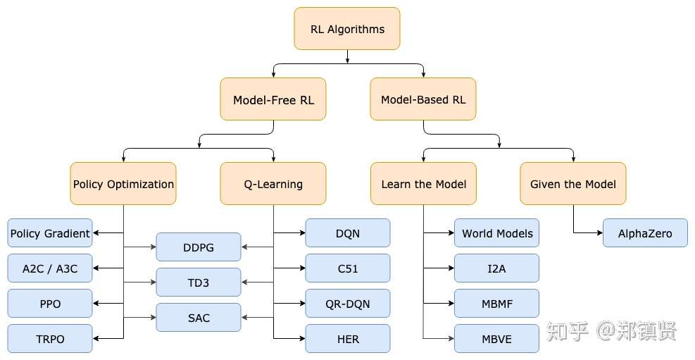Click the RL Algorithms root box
click(x=347, y=29)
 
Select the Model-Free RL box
click(x=273, y=99)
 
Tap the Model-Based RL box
click(x=423, y=99)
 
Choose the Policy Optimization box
click(x=123, y=184)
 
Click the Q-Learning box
click(x=273, y=184)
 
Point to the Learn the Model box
click(x=423, y=184)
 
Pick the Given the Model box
click(x=573, y=184)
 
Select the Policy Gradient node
click(x=50, y=233)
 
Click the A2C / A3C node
click(x=50, y=268)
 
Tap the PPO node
click(x=50, y=304)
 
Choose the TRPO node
click(x=50, y=339)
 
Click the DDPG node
click(x=199, y=247)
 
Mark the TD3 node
click(x=199, y=283)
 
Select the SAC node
click(x=199, y=318)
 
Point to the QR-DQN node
click(x=348, y=304)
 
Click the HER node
click(x=348, y=339)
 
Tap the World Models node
click(x=497, y=233)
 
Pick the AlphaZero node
click(x=645, y=233)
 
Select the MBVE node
click(x=497, y=339)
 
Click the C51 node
click(x=348, y=268)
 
